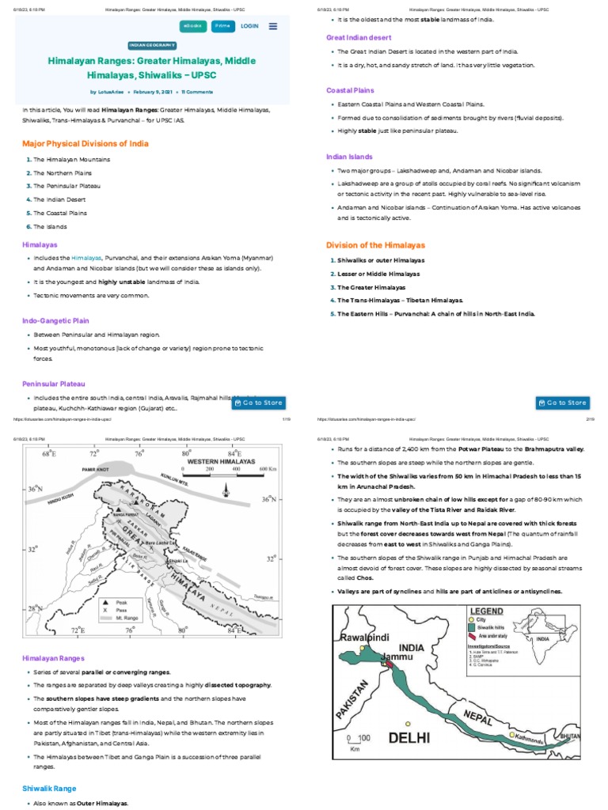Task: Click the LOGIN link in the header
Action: [249, 26]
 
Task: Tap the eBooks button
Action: [192, 26]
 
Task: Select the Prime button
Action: [222, 26]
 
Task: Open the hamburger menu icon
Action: [273, 26]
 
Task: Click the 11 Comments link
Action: [198, 92]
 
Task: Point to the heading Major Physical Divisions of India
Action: [85, 144]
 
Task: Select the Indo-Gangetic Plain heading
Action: [55, 321]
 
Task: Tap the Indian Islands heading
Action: [349, 157]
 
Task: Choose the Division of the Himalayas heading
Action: [375, 245]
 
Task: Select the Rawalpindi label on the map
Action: [367, 637]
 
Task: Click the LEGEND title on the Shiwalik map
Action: [487, 611]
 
